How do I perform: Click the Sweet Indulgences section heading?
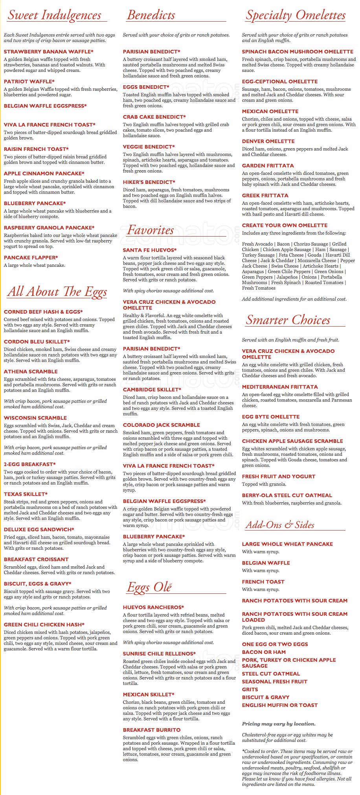[55, 15]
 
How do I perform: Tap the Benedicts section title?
[151, 15]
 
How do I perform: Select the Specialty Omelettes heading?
[296, 15]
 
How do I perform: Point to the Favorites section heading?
[150, 230]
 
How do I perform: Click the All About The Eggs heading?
[57, 292]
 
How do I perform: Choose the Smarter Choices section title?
[288, 320]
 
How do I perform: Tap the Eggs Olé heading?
[149, 587]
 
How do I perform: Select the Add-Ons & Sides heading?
[280, 525]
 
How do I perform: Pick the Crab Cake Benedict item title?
[154, 117]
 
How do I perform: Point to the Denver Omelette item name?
[268, 141]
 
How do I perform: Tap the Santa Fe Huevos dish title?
[150, 250]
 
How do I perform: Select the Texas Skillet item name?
[26, 494]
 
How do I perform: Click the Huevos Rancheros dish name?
[153, 607]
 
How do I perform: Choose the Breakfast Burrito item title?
[152, 730]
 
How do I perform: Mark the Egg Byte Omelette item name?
[271, 417]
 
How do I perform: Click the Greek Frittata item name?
[265, 195]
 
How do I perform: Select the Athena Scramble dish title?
[31, 371]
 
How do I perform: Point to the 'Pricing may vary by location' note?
[279, 723]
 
